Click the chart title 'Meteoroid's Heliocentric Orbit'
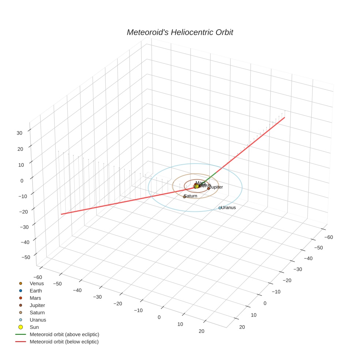[x=180, y=33]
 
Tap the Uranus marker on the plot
[x=220, y=208]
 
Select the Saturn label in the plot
[x=191, y=196]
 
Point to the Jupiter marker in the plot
[x=209, y=188]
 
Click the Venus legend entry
[x=37, y=284]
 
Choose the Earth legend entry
[x=36, y=291]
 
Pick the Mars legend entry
[x=35, y=298]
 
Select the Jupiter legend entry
[x=37, y=305]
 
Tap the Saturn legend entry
[x=37, y=313]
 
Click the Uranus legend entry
[x=38, y=320]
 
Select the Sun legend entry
[x=34, y=327]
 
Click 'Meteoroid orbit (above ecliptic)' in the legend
[x=64, y=334]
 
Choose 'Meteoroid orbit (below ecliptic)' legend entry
[x=64, y=342]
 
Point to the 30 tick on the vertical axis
[x=20, y=133]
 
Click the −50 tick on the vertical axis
[x=26, y=257]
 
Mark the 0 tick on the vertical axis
[x=22, y=180]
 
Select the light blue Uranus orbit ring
[x=195, y=211]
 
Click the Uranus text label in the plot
[x=229, y=207]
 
